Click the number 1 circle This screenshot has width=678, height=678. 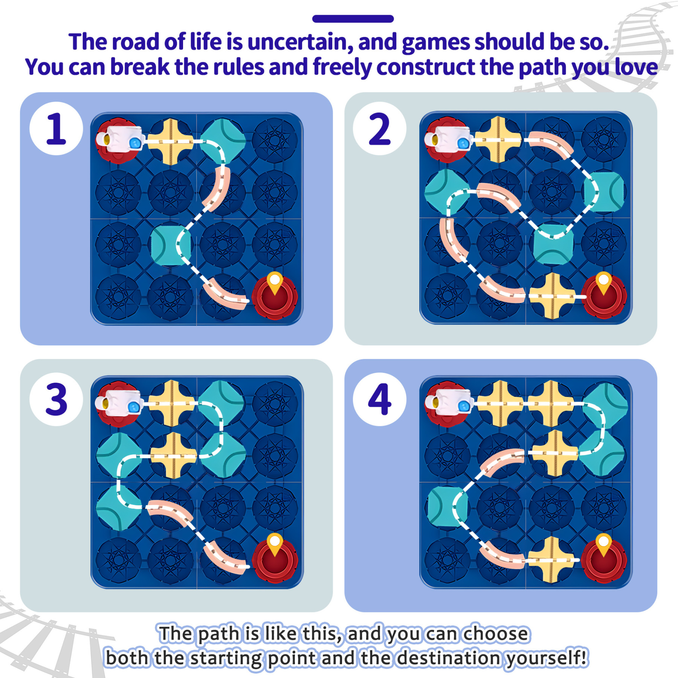[56, 128]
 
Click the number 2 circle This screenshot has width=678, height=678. [379, 128]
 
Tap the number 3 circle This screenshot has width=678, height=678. [56, 399]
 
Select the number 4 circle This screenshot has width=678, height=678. [379, 399]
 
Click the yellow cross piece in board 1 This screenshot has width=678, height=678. [170, 142]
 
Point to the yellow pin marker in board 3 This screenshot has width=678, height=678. [275, 543]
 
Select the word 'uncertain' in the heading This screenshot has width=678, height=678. [300, 42]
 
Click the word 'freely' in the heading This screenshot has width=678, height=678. [342, 67]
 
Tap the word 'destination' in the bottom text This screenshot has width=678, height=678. [450, 658]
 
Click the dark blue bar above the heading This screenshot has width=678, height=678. [353, 19]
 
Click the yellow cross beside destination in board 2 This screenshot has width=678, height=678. [552, 296]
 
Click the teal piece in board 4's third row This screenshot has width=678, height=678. [447, 507]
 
